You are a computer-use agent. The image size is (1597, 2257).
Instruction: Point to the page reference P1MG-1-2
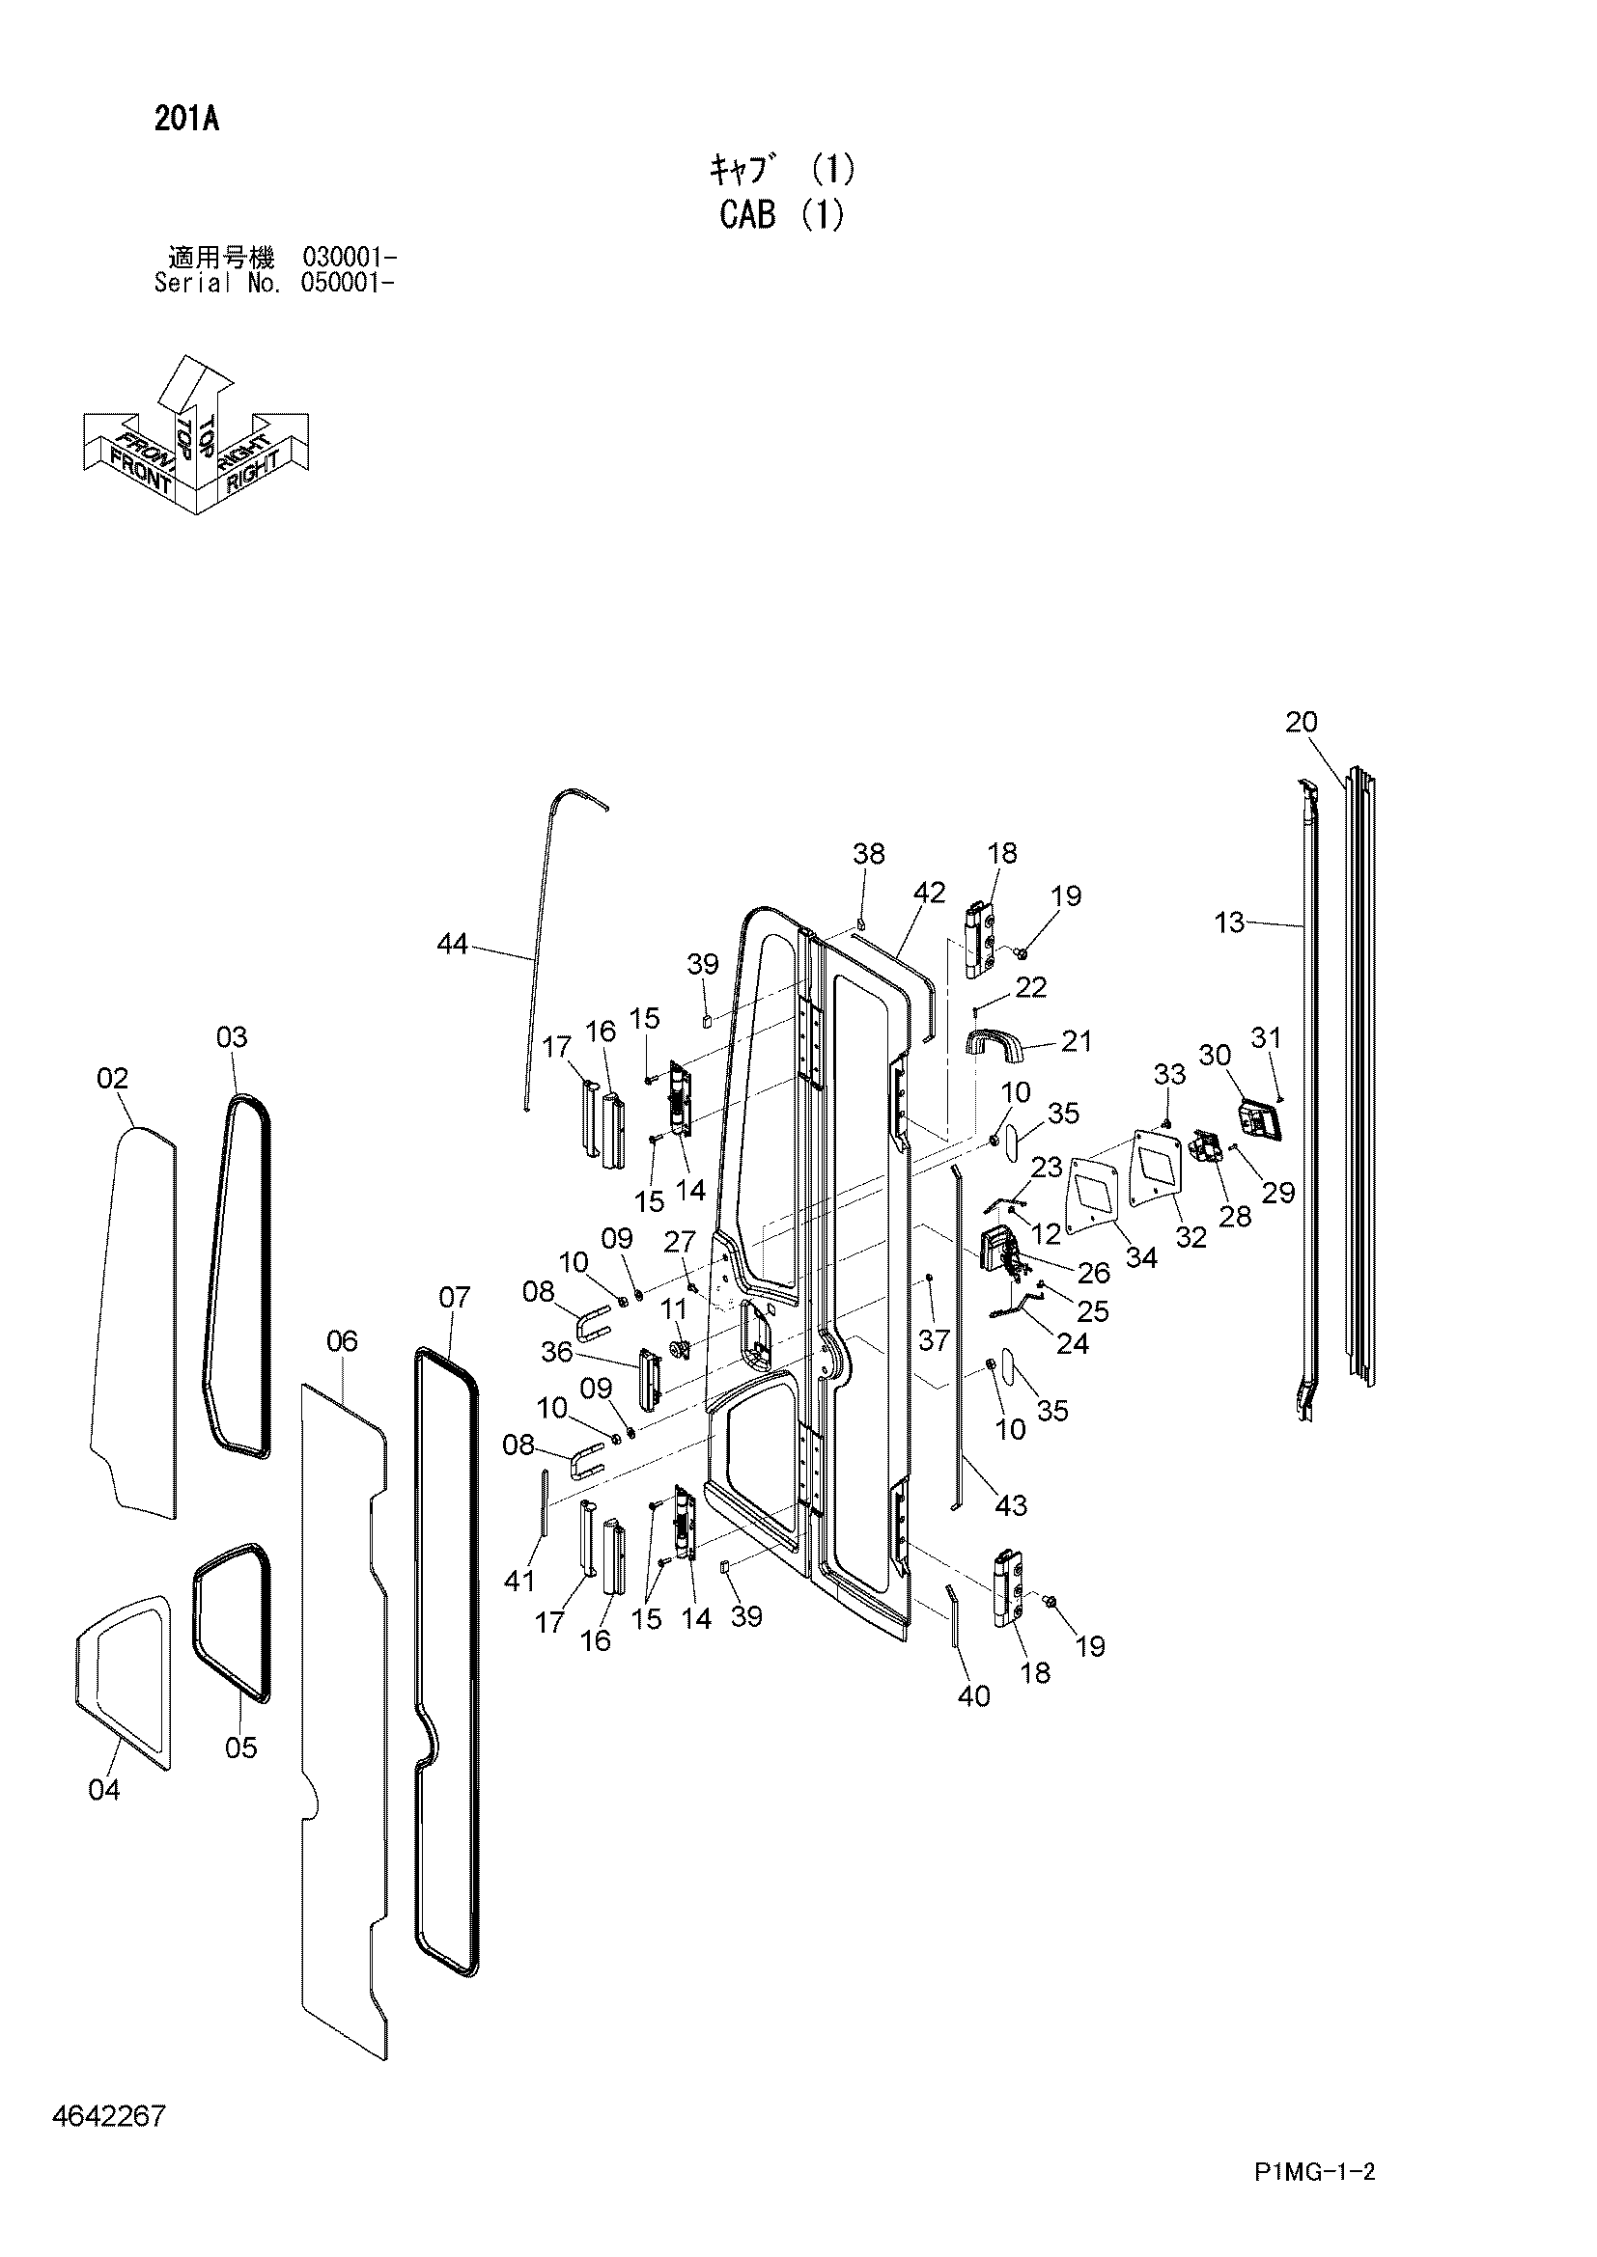coord(1314,2198)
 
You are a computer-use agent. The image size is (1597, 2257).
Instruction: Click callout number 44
coord(452,944)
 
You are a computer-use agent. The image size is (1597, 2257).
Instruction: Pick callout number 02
coord(112,1079)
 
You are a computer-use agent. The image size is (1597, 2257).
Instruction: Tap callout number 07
coord(455,1297)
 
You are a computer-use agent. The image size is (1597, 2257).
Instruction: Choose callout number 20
coord(1301,722)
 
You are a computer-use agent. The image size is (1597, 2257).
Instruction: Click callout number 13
coord(1229,922)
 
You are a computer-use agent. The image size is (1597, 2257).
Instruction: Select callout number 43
coord(1011,1505)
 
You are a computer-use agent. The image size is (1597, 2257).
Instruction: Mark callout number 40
coord(973,1695)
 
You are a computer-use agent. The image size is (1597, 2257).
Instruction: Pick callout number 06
coord(341,1341)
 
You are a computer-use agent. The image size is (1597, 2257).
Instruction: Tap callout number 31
coord(1266,1037)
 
